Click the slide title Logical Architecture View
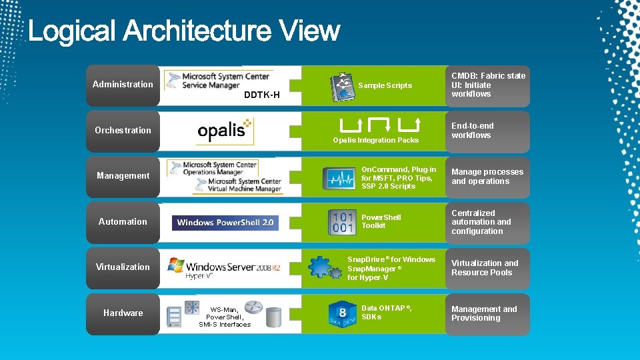pos(184,31)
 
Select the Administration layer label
pos(123,85)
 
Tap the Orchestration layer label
pos(123,131)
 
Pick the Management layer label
pos(123,176)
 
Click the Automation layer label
pos(123,222)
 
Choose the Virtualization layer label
pos(123,267)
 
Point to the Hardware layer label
pos(123,313)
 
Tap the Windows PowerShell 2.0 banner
pos(225,223)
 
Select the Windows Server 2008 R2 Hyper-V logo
pos(224,267)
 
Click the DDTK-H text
pos(261,95)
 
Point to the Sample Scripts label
pos(385,86)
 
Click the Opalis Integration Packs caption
pos(376,141)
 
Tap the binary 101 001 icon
pos(342,222)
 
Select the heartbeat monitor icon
pos(339,178)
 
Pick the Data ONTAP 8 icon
pos(342,313)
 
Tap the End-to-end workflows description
pos(472,131)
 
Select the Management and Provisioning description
pos(484,313)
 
